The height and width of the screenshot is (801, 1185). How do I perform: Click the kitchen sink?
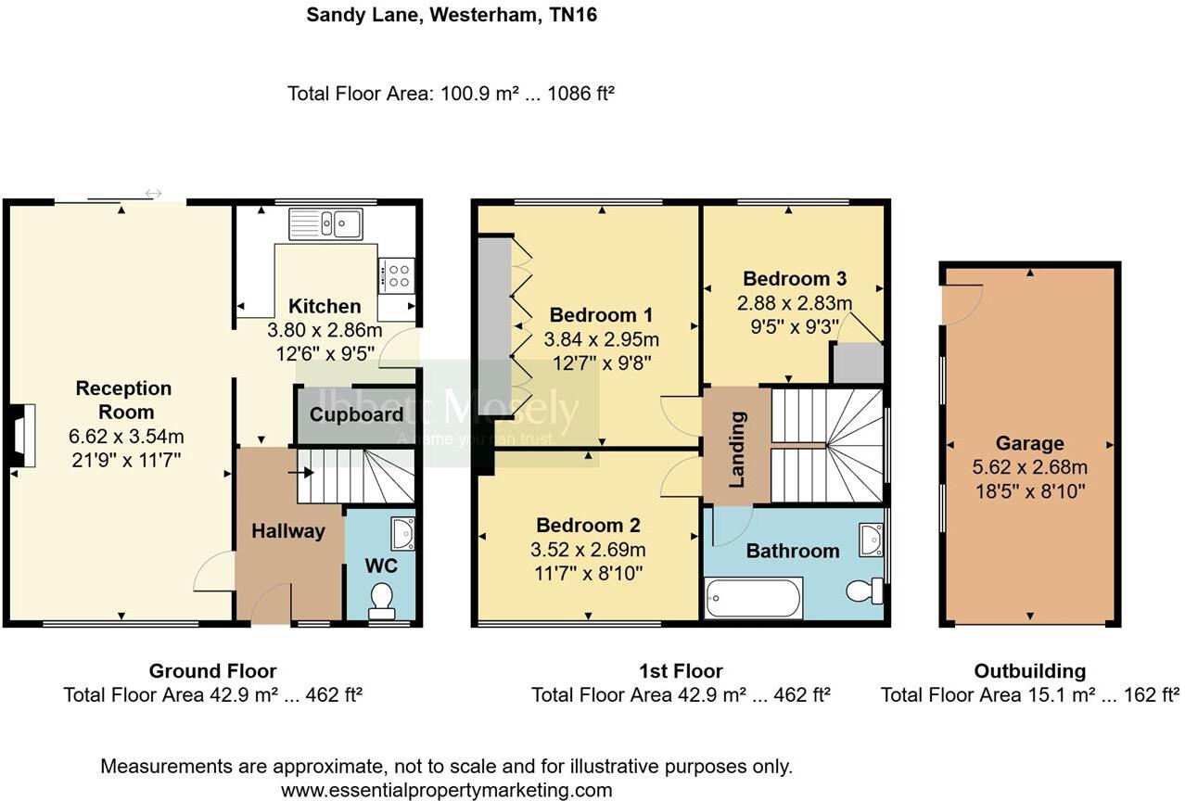[x=325, y=223]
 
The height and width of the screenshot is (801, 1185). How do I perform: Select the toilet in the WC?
[x=381, y=600]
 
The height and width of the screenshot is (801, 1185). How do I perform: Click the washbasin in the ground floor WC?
[x=403, y=533]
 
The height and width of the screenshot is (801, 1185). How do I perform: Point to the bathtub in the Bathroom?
[x=753, y=598]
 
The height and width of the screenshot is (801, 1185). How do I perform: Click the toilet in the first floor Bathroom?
[x=863, y=591]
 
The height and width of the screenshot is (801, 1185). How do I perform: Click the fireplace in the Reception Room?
[x=21, y=434]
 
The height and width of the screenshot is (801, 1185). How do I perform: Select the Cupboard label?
[x=357, y=414]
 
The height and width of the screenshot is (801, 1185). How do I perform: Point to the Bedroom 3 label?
[x=795, y=278]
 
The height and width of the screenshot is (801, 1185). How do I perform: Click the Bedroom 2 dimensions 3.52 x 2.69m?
[x=588, y=550]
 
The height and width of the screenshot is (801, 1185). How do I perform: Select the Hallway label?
[x=288, y=531]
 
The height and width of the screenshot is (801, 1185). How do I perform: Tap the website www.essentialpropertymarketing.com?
[x=446, y=790]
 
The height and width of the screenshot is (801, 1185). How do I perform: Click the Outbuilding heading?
[x=1029, y=671]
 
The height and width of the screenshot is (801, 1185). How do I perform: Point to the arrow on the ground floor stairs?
[x=299, y=472]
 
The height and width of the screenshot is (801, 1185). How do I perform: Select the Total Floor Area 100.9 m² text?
[x=452, y=94]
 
